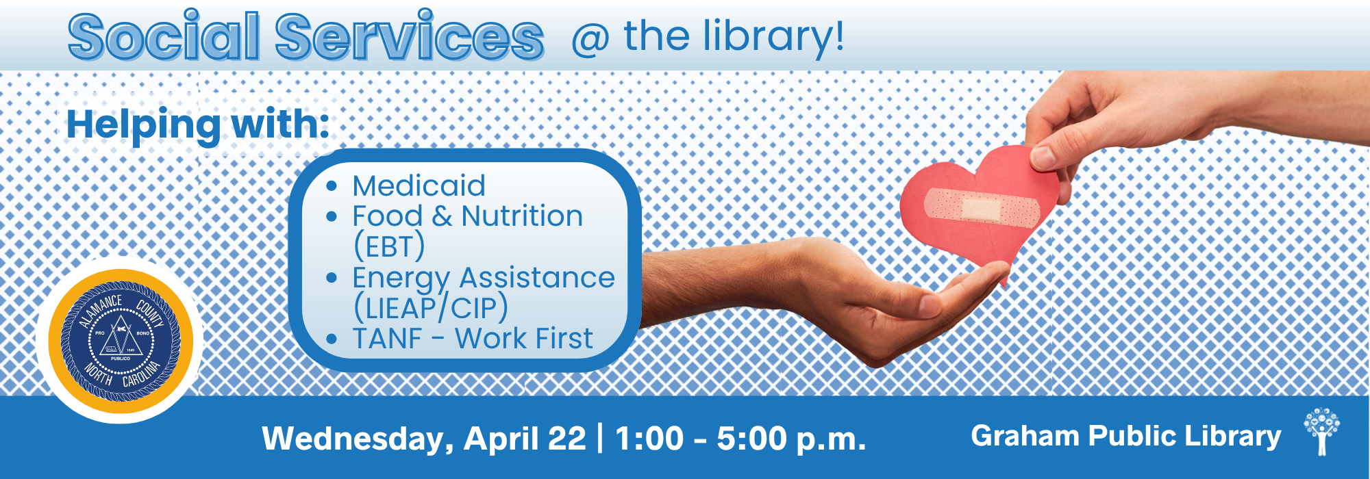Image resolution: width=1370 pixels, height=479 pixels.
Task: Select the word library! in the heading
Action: (774, 38)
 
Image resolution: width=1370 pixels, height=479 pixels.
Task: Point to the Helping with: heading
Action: (198, 125)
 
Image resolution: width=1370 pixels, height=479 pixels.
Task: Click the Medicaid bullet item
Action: (419, 185)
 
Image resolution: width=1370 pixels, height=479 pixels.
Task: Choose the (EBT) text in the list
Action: (388, 246)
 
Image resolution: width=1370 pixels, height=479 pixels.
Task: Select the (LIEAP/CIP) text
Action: (430, 308)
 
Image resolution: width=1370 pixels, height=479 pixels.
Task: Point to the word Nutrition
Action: (522, 216)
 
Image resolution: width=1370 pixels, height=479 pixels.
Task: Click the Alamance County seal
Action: (121, 340)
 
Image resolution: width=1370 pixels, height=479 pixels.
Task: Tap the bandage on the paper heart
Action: (981, 207)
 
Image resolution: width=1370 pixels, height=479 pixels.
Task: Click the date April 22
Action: (525, 439)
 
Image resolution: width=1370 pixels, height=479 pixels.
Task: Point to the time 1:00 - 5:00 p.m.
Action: (740, 439)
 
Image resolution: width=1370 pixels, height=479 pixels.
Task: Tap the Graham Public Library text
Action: (1126, 436)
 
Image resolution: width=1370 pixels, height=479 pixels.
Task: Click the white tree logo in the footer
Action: (1322, 431)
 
